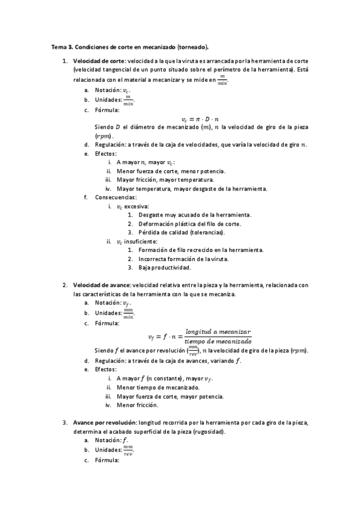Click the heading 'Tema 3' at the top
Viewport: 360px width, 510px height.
pos(60,46)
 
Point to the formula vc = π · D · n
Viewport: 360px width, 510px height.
pos(200,119)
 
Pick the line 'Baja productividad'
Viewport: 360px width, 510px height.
pos(164,267)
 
